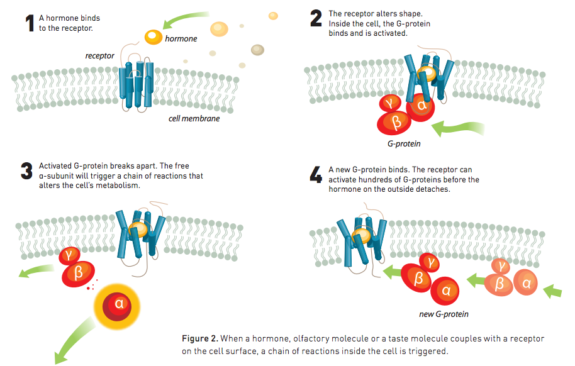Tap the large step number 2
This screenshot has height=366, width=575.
(x=316, y=19)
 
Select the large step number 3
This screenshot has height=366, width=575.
(x=26, y=171)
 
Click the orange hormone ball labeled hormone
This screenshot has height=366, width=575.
(x=153, y=37)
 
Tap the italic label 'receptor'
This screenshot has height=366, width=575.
(x=100, y=56)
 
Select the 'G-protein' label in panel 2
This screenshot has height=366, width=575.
(x=404, y=144)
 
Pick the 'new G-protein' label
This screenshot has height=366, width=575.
(x=444, y=314)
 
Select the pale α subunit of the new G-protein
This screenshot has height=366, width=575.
(x=527, y=283)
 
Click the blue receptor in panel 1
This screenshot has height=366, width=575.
(x=135, y=84)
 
